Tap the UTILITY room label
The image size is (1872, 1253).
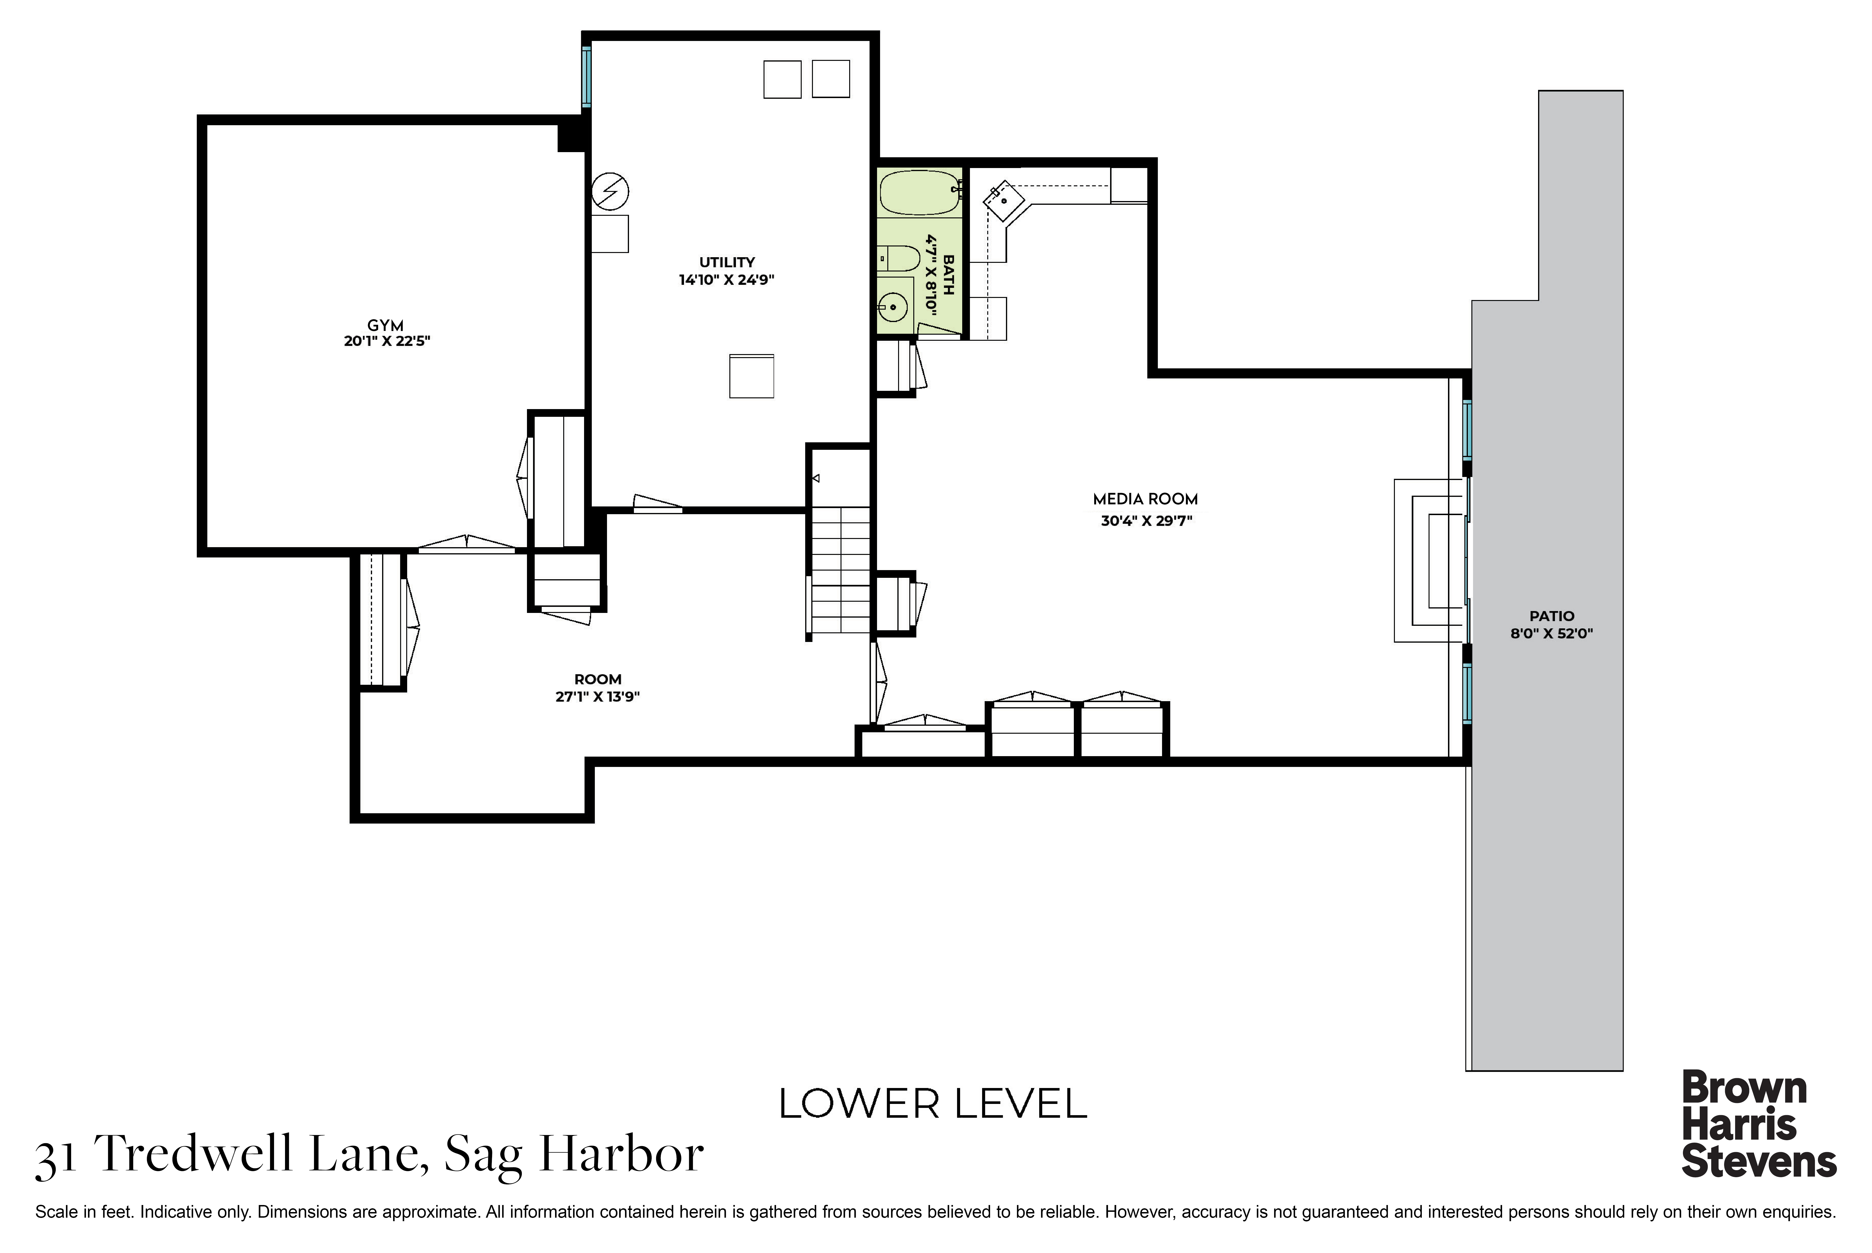click(x=727, y=262)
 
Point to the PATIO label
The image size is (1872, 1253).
click(x=1552, y=616)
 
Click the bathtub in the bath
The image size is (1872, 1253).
click(x=920, y=193)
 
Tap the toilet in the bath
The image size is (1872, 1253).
click(x=899, y=258)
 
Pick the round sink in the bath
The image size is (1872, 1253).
click(x=892, y=305)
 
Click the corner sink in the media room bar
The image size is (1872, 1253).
click(x=1004, y=200)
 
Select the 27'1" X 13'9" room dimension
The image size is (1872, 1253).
click(x=598, y=696)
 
